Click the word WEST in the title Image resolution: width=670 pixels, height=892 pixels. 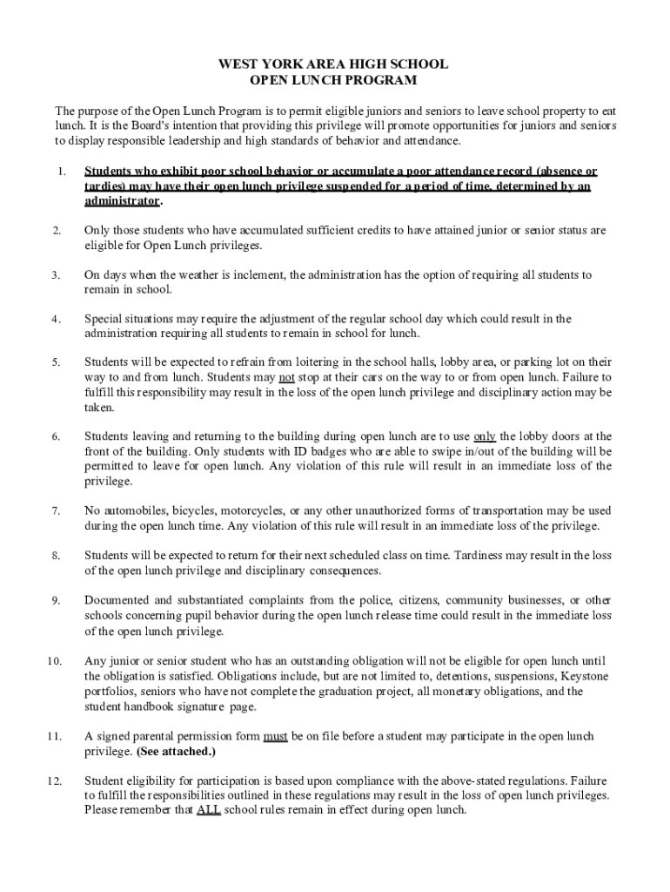coord(239,64)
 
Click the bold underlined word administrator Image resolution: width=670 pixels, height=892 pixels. coord(122,200)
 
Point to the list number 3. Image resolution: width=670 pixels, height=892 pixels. coord(56,275)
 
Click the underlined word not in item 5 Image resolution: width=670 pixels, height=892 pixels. coord(286,377)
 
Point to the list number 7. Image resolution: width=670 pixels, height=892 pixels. coord(56,510)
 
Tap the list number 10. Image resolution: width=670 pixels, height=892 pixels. coord(54,661)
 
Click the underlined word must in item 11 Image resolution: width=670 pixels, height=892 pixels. coord(275,736)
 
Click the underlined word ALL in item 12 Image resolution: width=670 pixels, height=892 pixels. coord(209,809)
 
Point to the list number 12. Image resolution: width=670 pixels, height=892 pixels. coord(54,780)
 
